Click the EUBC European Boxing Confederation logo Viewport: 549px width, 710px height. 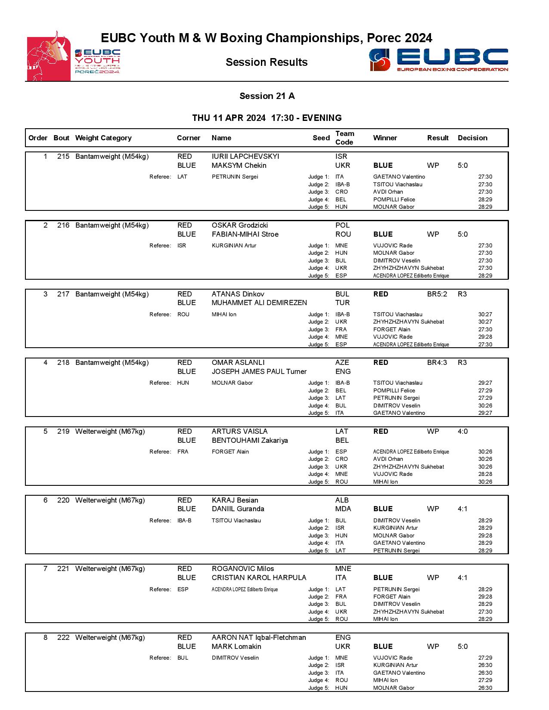[438, 60]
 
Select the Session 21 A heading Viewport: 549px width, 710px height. [267, 96]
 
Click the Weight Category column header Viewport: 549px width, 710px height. [103, 138]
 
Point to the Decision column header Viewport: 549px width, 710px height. [472, 138]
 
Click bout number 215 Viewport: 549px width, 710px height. [63, 156]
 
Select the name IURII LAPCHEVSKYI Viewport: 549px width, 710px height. [245, 156]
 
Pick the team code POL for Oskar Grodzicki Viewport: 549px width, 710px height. [342, 225]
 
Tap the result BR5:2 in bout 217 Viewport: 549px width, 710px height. [437, 294]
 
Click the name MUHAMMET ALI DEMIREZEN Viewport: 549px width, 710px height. [259, 303]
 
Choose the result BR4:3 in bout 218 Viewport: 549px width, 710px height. [437, 362]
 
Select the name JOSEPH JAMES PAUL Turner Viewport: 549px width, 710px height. [259, 371]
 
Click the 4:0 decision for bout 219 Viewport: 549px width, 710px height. [462, 431]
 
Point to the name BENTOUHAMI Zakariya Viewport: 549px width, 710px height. [250, 440]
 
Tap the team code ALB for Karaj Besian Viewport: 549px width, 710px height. [342, 500]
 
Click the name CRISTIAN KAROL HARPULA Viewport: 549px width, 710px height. [259, 577]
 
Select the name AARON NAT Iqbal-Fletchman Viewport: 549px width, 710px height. [259, 637]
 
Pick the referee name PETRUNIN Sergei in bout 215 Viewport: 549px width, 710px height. [235, 177]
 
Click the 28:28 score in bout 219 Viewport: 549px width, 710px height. [485, 474]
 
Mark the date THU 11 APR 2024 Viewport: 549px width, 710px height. [229, 118]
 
